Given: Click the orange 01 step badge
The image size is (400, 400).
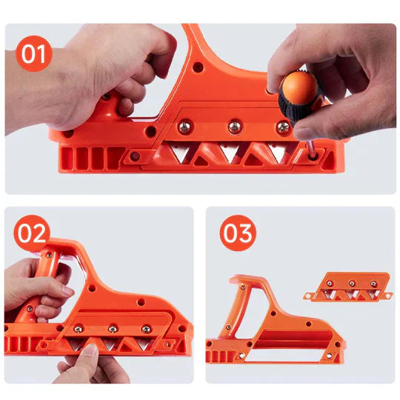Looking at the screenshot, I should click(x=34, y=54).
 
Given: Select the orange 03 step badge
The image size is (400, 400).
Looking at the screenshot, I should click(x=238, y=234).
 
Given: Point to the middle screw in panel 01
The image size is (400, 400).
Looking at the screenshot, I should click(x=235, y=127).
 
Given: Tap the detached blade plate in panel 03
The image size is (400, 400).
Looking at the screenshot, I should click(x=347, y=288).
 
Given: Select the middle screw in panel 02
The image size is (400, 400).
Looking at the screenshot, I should click(x=113, y=328).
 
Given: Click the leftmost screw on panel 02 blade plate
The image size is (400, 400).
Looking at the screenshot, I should click(x=78, y=329).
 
